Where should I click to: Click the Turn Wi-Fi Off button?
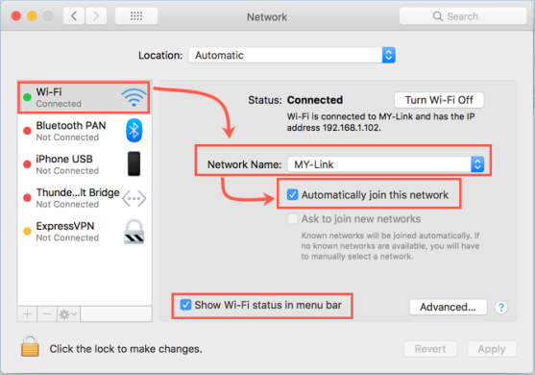(439, 100)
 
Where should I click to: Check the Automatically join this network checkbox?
(294, 194)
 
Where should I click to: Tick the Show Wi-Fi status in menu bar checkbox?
(184, 306)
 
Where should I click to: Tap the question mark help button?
(500, 308)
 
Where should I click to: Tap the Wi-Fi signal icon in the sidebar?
(134, 96)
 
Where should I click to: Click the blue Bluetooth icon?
(134, 130)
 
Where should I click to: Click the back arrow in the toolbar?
(75, 16)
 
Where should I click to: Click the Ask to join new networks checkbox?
(294, 218)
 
